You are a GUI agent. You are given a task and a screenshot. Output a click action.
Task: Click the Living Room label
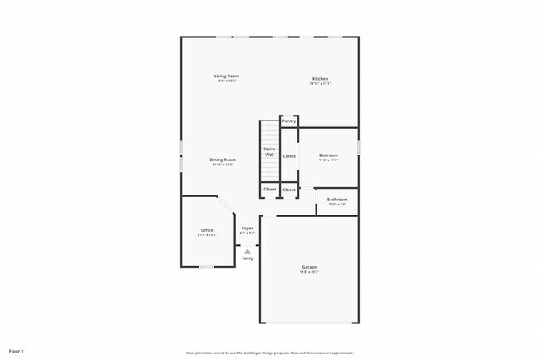[x=227, y=76]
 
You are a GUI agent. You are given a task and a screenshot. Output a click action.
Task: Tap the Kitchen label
[x=320, y=78]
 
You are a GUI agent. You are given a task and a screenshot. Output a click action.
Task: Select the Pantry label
[x=289, y=121]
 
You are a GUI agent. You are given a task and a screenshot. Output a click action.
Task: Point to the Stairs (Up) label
[x=269, y=152]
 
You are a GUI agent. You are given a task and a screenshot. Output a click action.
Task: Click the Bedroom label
[x=328, y=155]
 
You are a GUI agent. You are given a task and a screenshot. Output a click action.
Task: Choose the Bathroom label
[x=336, y=200]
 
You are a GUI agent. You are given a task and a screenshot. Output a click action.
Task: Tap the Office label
[x=207, y=230]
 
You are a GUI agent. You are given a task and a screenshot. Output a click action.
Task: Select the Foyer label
[x=248, y=228]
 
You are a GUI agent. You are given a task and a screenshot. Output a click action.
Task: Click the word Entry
[x=248, y=259]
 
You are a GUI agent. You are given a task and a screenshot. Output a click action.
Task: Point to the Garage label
[x=309, y=267]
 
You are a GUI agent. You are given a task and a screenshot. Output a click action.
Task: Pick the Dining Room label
[x=223, y=160]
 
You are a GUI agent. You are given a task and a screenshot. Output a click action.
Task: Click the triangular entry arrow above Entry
[x=248, y=250]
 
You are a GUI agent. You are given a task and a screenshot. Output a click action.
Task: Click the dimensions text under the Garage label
[x=309, y=272]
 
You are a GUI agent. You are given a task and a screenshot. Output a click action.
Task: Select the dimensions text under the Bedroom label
[x=328, y=160]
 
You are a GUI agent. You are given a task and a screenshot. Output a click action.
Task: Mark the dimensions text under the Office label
[x=207, y=235]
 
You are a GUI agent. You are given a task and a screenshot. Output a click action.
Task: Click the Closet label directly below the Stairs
[x=270, y=190]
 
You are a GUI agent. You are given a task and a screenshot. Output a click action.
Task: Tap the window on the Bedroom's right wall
[x=359, y=145]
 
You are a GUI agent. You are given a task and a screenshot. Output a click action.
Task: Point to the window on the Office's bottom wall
[x=208, y=267]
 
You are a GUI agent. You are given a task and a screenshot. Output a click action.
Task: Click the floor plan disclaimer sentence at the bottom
[x=270, y=352]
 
